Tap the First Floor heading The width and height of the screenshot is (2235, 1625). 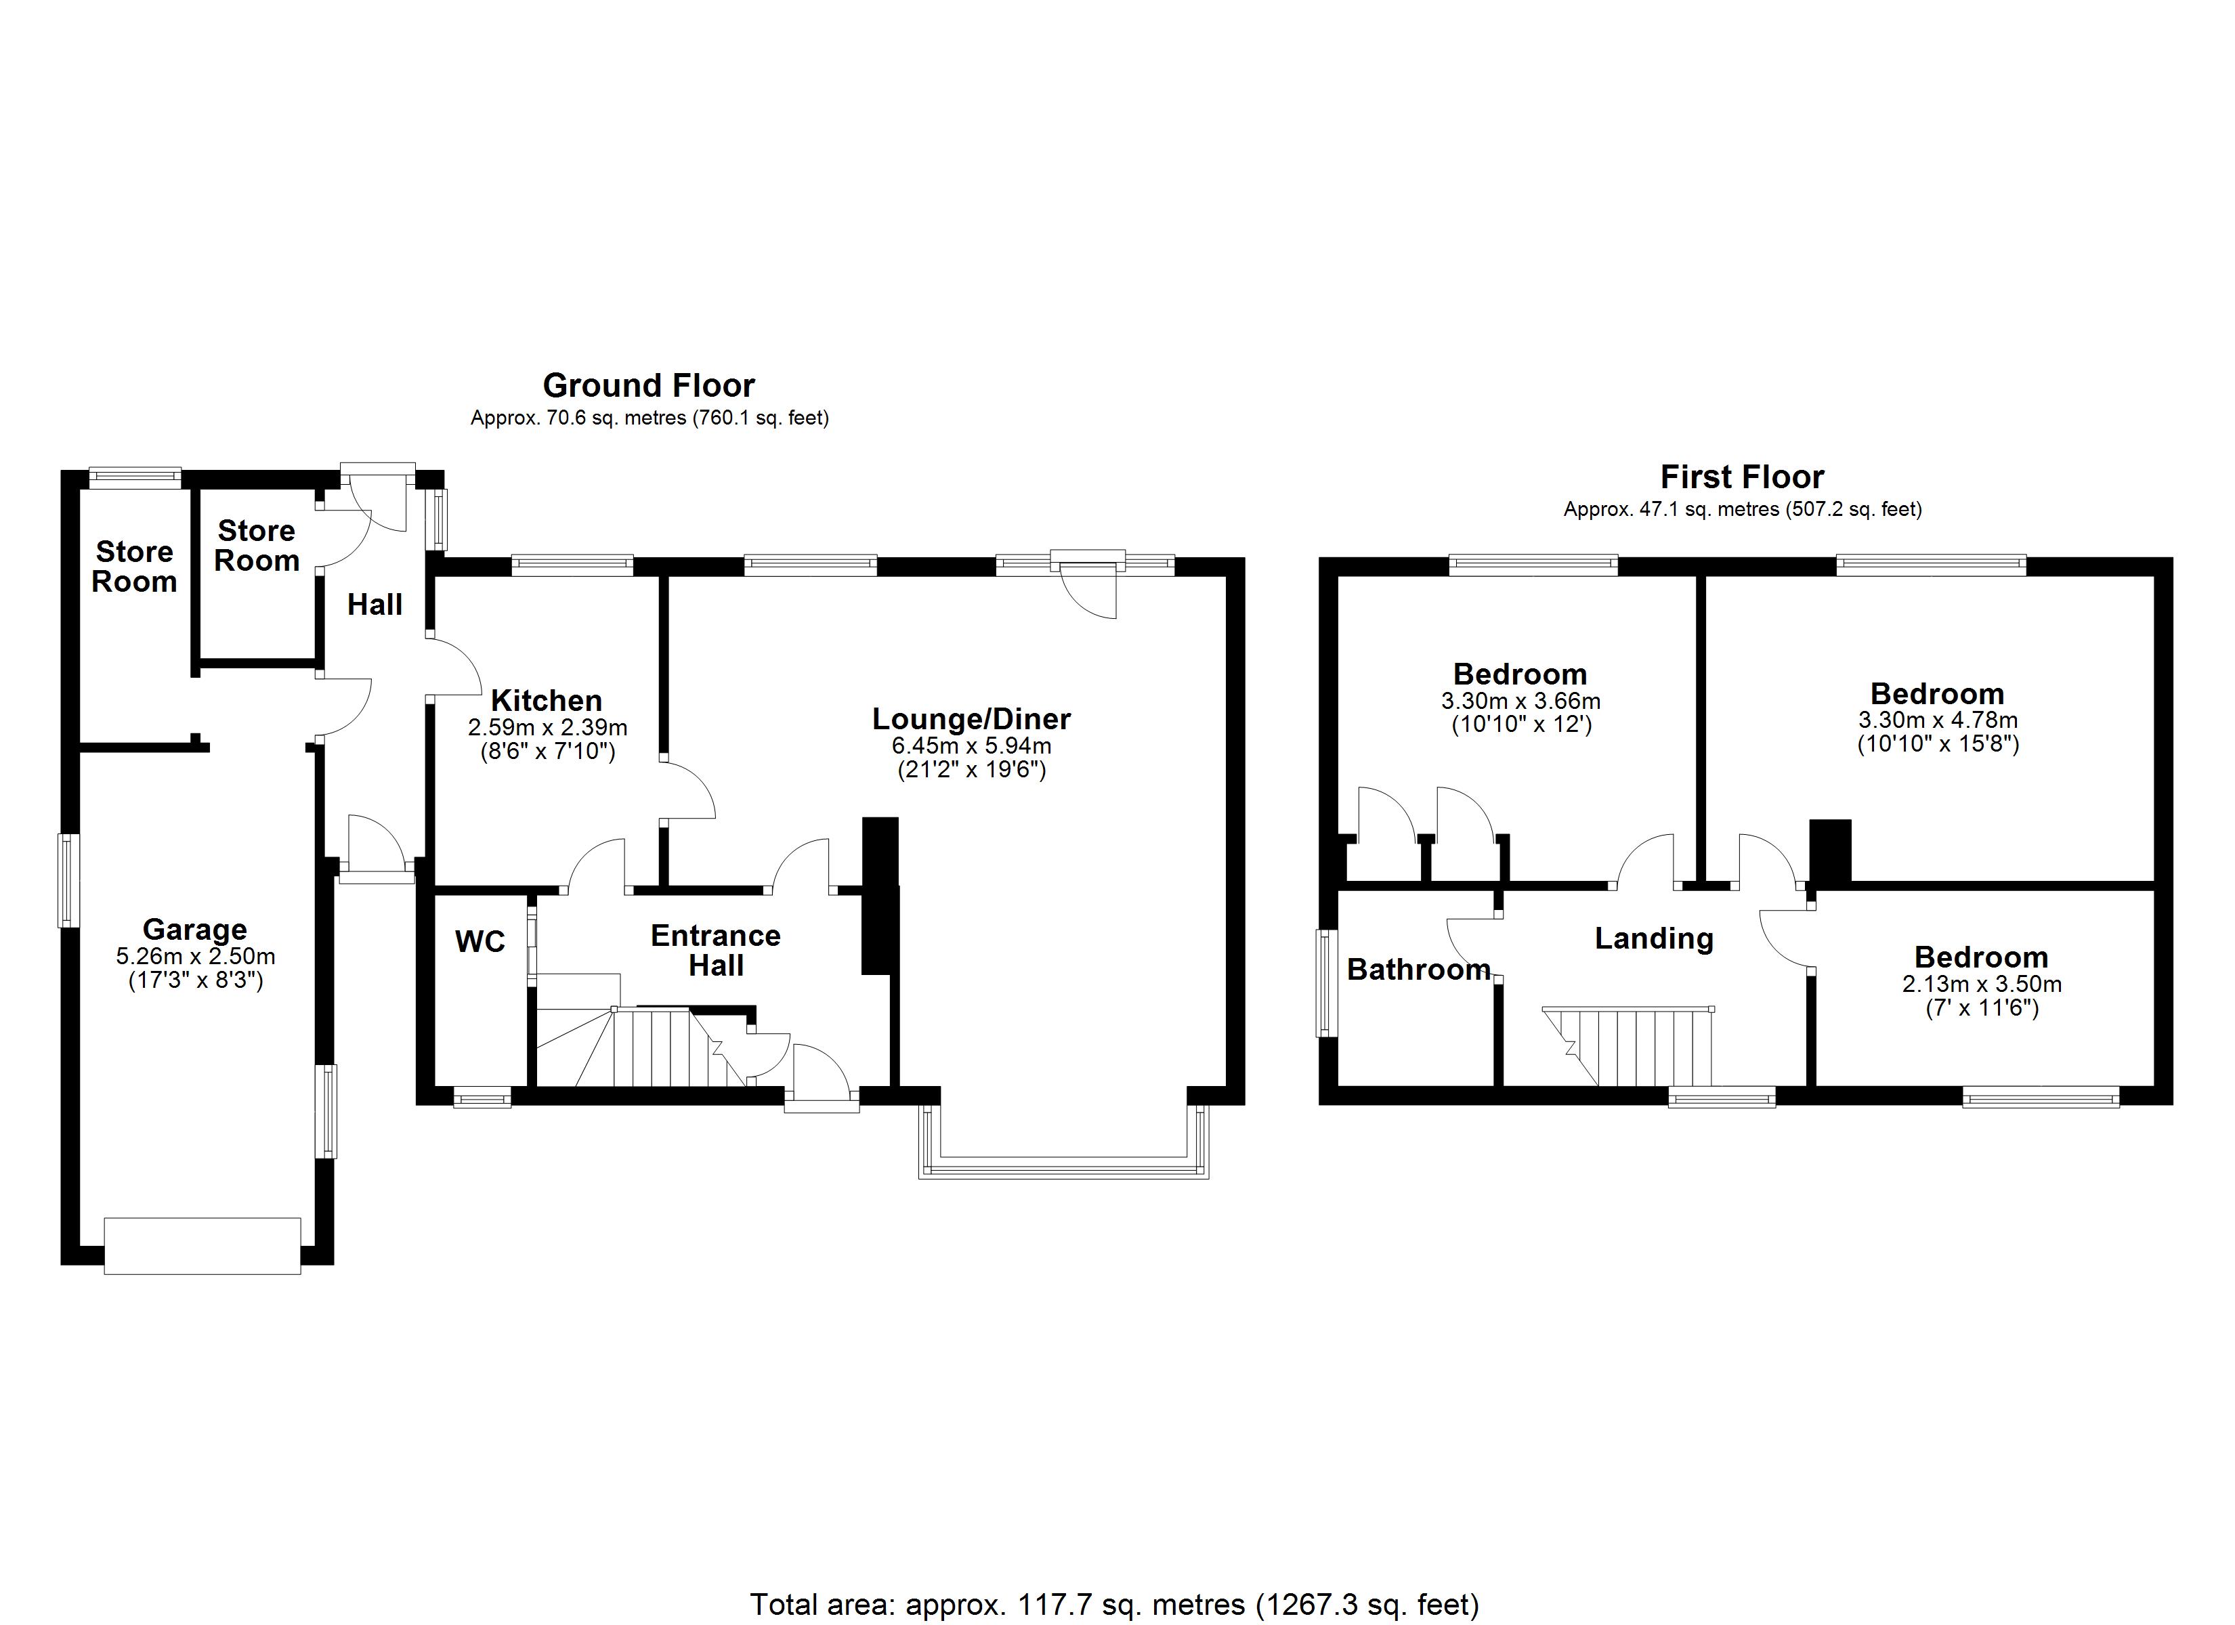coord(1741,477)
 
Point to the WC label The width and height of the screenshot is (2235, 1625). coord(480,942)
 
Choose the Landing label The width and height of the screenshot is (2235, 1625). coord(1654,938)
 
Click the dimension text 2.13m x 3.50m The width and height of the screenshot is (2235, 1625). coord(1981,984)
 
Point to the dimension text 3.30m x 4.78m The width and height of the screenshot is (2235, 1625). coord(1938,720)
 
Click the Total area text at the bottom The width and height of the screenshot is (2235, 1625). coord(1115,1604)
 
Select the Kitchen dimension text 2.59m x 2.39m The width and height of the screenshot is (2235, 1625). coord(547,729)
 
